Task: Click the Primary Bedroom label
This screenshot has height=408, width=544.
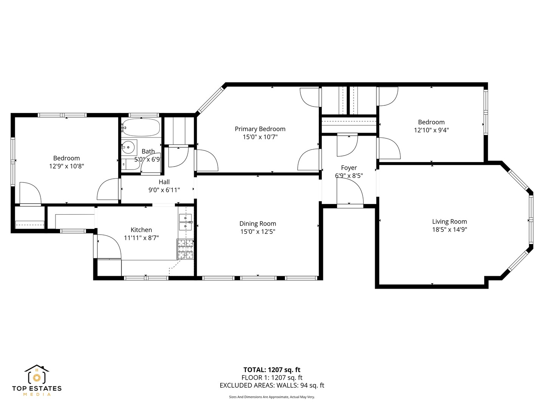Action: coord(260,129)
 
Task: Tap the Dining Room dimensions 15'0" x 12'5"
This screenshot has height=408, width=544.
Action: coord(258,232)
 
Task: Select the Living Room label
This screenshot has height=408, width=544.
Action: coord(449,221)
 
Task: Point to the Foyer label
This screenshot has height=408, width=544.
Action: coord(349,168)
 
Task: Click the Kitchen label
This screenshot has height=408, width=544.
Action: coord(141,230)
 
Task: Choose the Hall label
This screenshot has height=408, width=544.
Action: coord(164,182)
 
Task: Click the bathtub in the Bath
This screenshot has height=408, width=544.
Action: coord(141,127)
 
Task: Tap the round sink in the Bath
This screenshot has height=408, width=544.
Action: coord(128,147)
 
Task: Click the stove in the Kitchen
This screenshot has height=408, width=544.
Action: coord(185,249)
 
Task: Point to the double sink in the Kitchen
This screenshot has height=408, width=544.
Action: coord(185,222)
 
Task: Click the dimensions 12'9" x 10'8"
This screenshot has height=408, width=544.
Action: coord(66,166)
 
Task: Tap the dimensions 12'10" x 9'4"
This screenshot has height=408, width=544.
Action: coord(431,130)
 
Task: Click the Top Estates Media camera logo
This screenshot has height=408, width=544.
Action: coord(37,375)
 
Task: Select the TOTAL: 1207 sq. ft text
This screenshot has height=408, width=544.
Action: coord(272,370)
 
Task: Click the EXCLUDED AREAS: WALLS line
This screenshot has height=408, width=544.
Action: coord(272,385)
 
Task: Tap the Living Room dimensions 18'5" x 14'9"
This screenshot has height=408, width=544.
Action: coord(450,230)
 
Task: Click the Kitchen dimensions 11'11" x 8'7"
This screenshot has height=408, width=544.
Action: coord(141,238)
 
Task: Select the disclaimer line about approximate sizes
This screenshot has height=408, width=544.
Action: coord(272,397)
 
